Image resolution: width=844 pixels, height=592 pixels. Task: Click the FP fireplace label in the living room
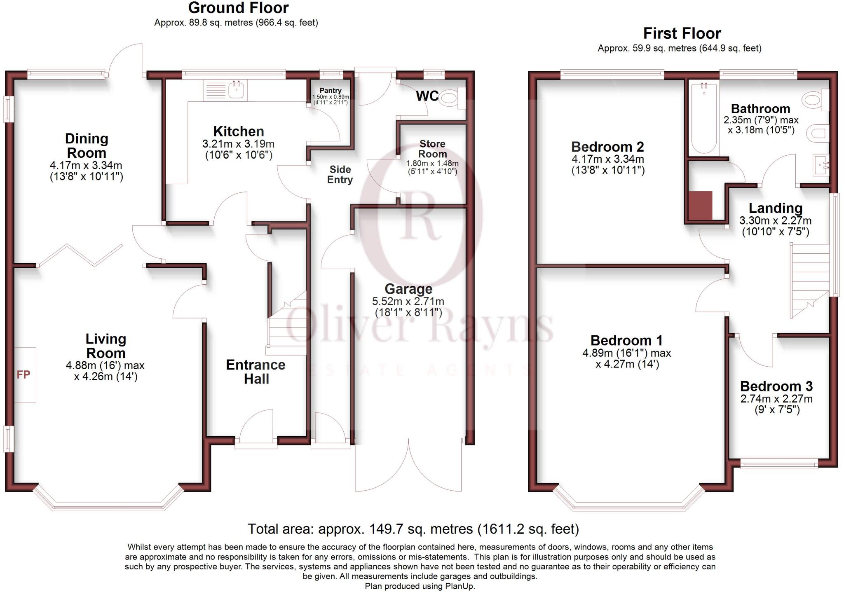(x=23, y=375)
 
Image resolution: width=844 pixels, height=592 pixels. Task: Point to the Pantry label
(x=331, y=90)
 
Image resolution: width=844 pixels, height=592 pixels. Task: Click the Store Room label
(x=432, y=149)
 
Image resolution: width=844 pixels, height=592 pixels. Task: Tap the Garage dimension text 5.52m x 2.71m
(x=408, y=302)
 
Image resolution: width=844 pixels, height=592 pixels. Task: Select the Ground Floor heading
(x=238, y=8)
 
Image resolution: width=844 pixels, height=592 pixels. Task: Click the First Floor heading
(x=682, y=33)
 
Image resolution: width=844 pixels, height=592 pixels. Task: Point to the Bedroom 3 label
(x=776, y=386)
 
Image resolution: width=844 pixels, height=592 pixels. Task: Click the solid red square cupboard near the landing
(x=700, y=205)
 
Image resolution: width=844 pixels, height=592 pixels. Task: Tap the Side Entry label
(x=340, y=174)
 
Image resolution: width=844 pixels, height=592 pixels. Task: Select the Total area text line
(x=413, y=529)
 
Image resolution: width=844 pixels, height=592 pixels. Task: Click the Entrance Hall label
(x=256, y=372)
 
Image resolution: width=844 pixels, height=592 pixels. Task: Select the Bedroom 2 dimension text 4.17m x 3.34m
(x=607, y=159)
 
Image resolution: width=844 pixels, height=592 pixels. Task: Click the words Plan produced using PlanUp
(x=420, y=586)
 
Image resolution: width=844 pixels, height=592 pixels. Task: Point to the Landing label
(x=775, y=208)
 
